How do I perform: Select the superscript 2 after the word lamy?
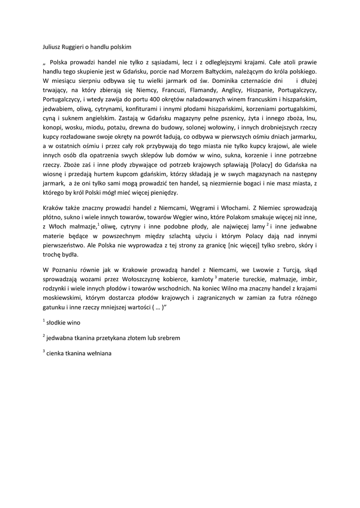pos(268,224)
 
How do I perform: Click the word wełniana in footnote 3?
pos(99,354)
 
